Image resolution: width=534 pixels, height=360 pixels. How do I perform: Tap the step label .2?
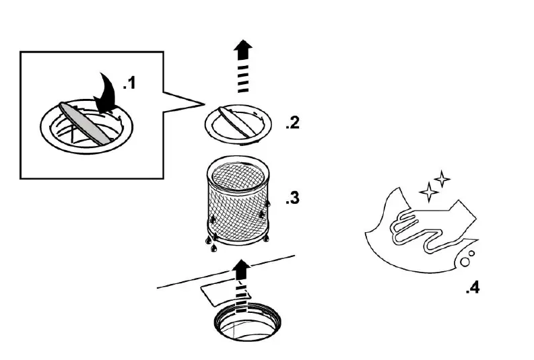pyautogui.click(x=292, y=123)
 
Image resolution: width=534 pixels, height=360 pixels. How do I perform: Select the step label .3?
pyautogui.click(x=292, y=199)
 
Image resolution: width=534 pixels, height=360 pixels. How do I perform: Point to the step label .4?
pyautogui.click(x=472, y=289)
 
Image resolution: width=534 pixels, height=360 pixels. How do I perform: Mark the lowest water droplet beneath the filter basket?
pyautogui.click(x=214, y=248)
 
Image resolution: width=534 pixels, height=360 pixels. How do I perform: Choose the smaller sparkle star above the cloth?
pyautogui.click(x=442, y=179)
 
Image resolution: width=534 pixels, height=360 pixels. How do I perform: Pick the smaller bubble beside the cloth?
pyautogui.click(x=471, y=254)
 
